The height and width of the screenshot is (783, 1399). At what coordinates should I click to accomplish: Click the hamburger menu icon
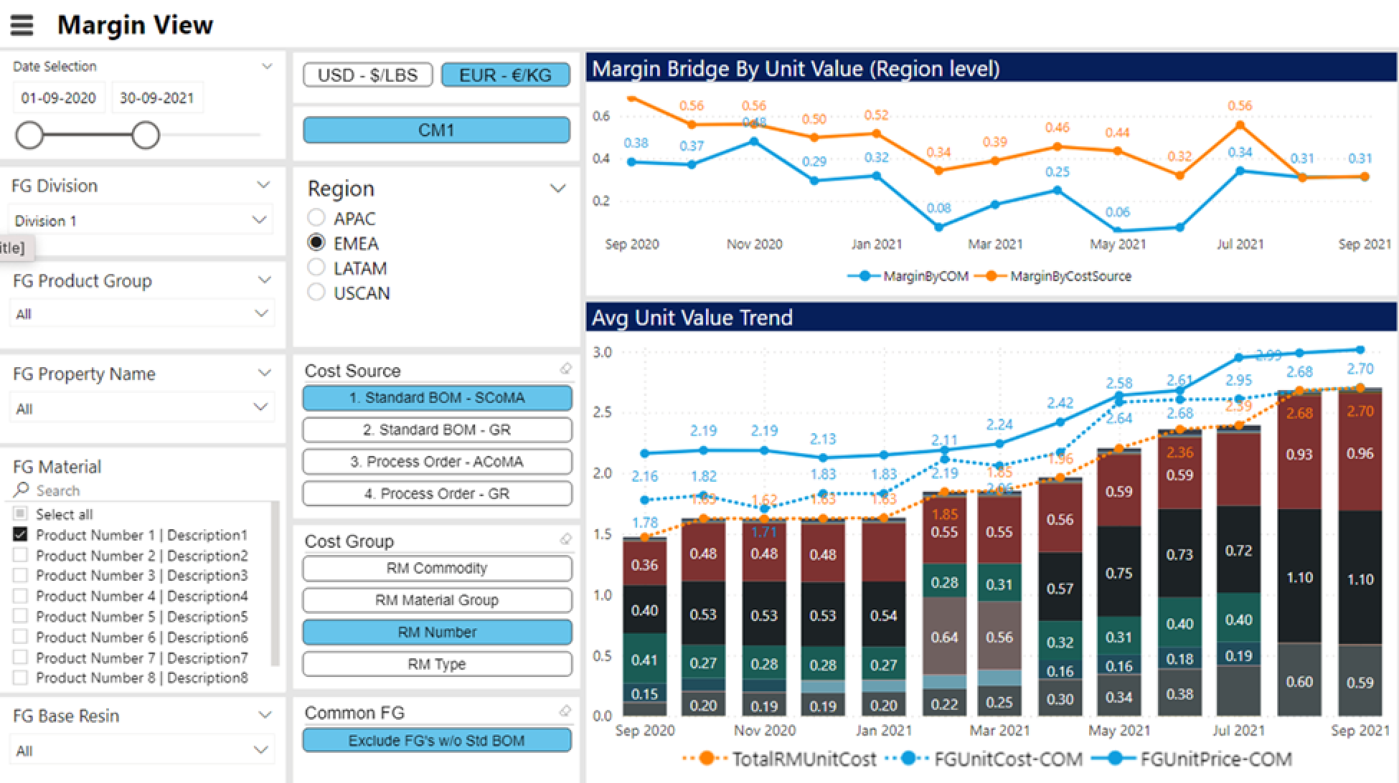(x=22, y=25)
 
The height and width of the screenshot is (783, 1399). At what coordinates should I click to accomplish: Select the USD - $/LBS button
(x=367, y=75)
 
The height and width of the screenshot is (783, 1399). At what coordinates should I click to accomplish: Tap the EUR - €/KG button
(x=505, y=75)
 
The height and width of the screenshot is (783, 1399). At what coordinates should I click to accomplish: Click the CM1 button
(x=436, y=130)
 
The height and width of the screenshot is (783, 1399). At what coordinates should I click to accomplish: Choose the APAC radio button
(x=316, y=217)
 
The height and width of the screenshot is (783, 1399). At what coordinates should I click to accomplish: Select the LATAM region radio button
(x=316, y=267)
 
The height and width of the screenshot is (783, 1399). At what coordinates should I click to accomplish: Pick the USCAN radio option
(x=316, y=293)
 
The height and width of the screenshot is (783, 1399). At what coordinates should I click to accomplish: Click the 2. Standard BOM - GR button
(x=437, y=430)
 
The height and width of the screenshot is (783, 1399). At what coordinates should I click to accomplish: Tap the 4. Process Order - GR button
(x=437, y=493)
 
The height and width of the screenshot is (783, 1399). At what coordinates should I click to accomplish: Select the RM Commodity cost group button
(x=437, y=568)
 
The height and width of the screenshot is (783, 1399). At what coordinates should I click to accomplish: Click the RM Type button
(x=437, y=664)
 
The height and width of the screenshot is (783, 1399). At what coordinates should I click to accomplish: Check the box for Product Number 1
(x=21, y=534)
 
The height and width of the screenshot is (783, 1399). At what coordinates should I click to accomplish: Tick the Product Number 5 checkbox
(x=21, y=616)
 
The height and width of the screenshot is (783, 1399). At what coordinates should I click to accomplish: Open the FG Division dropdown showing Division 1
(x=141, y=220)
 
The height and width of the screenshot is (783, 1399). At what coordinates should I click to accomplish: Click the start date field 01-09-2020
(x=59, y=98)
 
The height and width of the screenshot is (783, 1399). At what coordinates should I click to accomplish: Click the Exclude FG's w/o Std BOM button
(x=437, y=740)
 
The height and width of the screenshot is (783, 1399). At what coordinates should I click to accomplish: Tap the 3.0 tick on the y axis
(x=602, y=352)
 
